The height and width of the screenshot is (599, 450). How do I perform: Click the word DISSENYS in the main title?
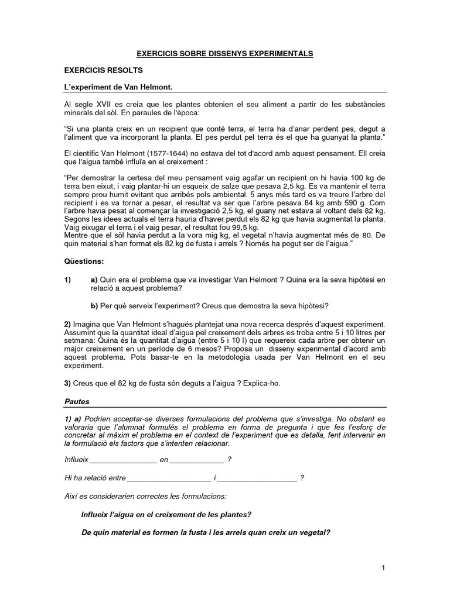(x=220, y=53)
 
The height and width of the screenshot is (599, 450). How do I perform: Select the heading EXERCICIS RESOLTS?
(x=103, y=70)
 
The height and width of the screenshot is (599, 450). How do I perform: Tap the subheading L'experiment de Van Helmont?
(x=118, y=87)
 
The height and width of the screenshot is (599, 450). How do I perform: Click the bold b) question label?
(x=94, y=305)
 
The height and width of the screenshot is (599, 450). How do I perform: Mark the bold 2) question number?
(x=67, y=323)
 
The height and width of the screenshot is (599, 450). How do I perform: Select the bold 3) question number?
(x=67, y=383)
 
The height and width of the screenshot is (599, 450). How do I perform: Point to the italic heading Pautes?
(x=77, y=402)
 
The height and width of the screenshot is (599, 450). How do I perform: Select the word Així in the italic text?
(x=72, y=496)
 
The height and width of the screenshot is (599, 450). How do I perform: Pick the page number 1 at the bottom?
(x=383, y=568)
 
